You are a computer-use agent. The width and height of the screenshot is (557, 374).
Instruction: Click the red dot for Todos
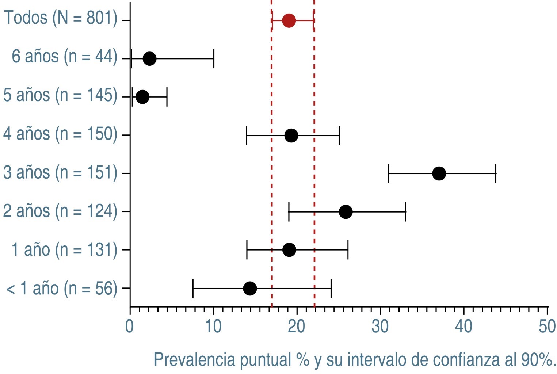point(289,20)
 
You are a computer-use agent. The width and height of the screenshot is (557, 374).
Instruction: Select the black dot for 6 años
point(149,58)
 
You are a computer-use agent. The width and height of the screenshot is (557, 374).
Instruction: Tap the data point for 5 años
point(142,97)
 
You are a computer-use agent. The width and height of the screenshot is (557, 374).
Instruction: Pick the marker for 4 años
point(291,136)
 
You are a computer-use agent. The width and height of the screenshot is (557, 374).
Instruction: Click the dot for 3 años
point(439,173)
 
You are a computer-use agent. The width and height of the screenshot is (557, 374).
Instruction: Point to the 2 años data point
point(346,212)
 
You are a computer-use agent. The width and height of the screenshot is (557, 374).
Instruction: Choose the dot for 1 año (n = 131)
point(289,250)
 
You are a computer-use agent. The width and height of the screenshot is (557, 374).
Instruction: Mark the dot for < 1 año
point(250,288)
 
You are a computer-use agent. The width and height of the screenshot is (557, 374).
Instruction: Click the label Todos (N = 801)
point(61,18)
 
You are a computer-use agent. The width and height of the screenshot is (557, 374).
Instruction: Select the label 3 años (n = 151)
point(60,172)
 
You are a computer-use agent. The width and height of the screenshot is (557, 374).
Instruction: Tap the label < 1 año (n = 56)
point(62,289)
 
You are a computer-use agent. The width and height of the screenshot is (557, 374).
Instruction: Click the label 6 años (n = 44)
point(64,57)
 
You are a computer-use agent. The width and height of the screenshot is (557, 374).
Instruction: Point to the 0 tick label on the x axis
point(129,326)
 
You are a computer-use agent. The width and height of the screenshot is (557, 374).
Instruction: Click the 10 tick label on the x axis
point(213,326)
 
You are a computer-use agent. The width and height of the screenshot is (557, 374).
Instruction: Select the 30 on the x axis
point(380,326)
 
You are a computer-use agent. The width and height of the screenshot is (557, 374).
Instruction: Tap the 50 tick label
point(547,326)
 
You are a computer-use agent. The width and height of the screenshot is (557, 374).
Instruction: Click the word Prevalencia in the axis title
point(194,360)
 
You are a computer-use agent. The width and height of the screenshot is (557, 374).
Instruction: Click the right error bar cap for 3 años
point(496,173)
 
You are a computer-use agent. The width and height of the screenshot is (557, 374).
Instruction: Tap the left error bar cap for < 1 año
point(193,288)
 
